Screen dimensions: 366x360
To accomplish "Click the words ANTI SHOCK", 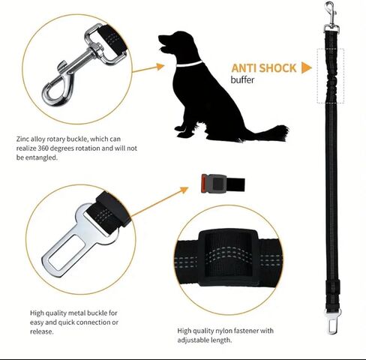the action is (x=264, y=68).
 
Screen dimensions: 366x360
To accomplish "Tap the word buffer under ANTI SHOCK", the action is (x=242, y=80).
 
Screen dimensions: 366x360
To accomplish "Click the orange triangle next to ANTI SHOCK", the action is (x=307, y=68).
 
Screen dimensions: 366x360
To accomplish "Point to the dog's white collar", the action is (x=189, y=64).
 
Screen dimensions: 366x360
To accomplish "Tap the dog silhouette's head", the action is (x=176, y=43).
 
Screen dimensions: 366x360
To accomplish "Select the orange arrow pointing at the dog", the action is (x=148, y=69).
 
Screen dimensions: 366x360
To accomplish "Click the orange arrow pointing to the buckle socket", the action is (x=160, y=202).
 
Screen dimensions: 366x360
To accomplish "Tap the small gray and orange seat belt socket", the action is (x=223, y=184).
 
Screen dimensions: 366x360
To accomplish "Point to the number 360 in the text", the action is (x=43, y=148).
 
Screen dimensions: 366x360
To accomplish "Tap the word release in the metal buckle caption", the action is (x=42, y=331).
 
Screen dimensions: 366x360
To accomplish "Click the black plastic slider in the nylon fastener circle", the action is (x=229, y=257).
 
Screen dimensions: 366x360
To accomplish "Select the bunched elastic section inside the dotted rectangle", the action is (x=331, y=76).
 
